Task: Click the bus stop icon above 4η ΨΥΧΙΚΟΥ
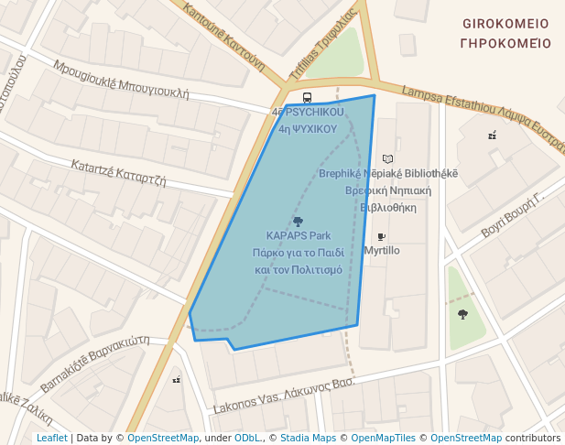[x=307, y=97]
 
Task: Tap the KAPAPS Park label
[x=299, y=236]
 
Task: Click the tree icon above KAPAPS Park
[x=298, y=222]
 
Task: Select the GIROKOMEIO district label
[x=505, y=24]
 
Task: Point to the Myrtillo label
[x=382, y=250]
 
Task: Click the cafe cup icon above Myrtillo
[x=381, y=236]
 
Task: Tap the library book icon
[x=387, y=158]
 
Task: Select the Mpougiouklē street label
[x=121, y=80]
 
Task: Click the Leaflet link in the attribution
[x=51, y=438]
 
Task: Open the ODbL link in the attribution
[x=247, y=438]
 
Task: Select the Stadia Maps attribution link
[x=308, y=438]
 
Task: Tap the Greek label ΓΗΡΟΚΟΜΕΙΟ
[x=505, y=43]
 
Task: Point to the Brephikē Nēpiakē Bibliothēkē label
[x=388, y=173]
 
